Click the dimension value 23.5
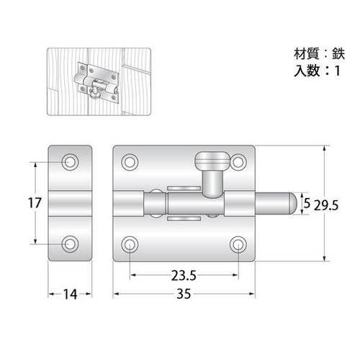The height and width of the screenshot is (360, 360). pyautogui.click(x=184, y=276)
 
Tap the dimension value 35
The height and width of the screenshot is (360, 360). pyautogui.click(x=184, y=294)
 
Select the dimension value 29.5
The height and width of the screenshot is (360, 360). pyautogui.click(x=326, y=206)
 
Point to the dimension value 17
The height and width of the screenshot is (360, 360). pyautogui.click(x=35, y=203)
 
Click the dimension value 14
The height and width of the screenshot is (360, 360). pyautogui.click(x=70, y=294)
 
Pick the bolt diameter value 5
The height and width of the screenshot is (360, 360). pyautogui.click(x=307, y=203)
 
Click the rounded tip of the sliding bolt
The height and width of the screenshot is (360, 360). pyautogui.click(x=293, y=203)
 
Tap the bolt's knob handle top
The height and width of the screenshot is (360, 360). pyautogui.click(x=212, y=161)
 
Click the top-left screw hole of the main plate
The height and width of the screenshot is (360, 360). pyautogui.click(x=130, y=162)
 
